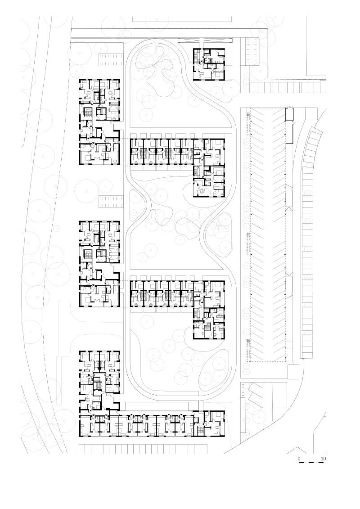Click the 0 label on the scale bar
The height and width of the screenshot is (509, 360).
299,459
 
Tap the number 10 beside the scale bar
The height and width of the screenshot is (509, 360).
323,459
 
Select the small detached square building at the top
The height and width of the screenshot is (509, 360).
209,64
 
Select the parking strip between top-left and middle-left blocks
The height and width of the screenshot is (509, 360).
111,202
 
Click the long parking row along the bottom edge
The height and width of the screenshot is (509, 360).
143,449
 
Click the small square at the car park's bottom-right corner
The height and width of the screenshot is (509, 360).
293,371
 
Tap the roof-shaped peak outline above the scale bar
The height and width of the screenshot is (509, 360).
297,450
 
